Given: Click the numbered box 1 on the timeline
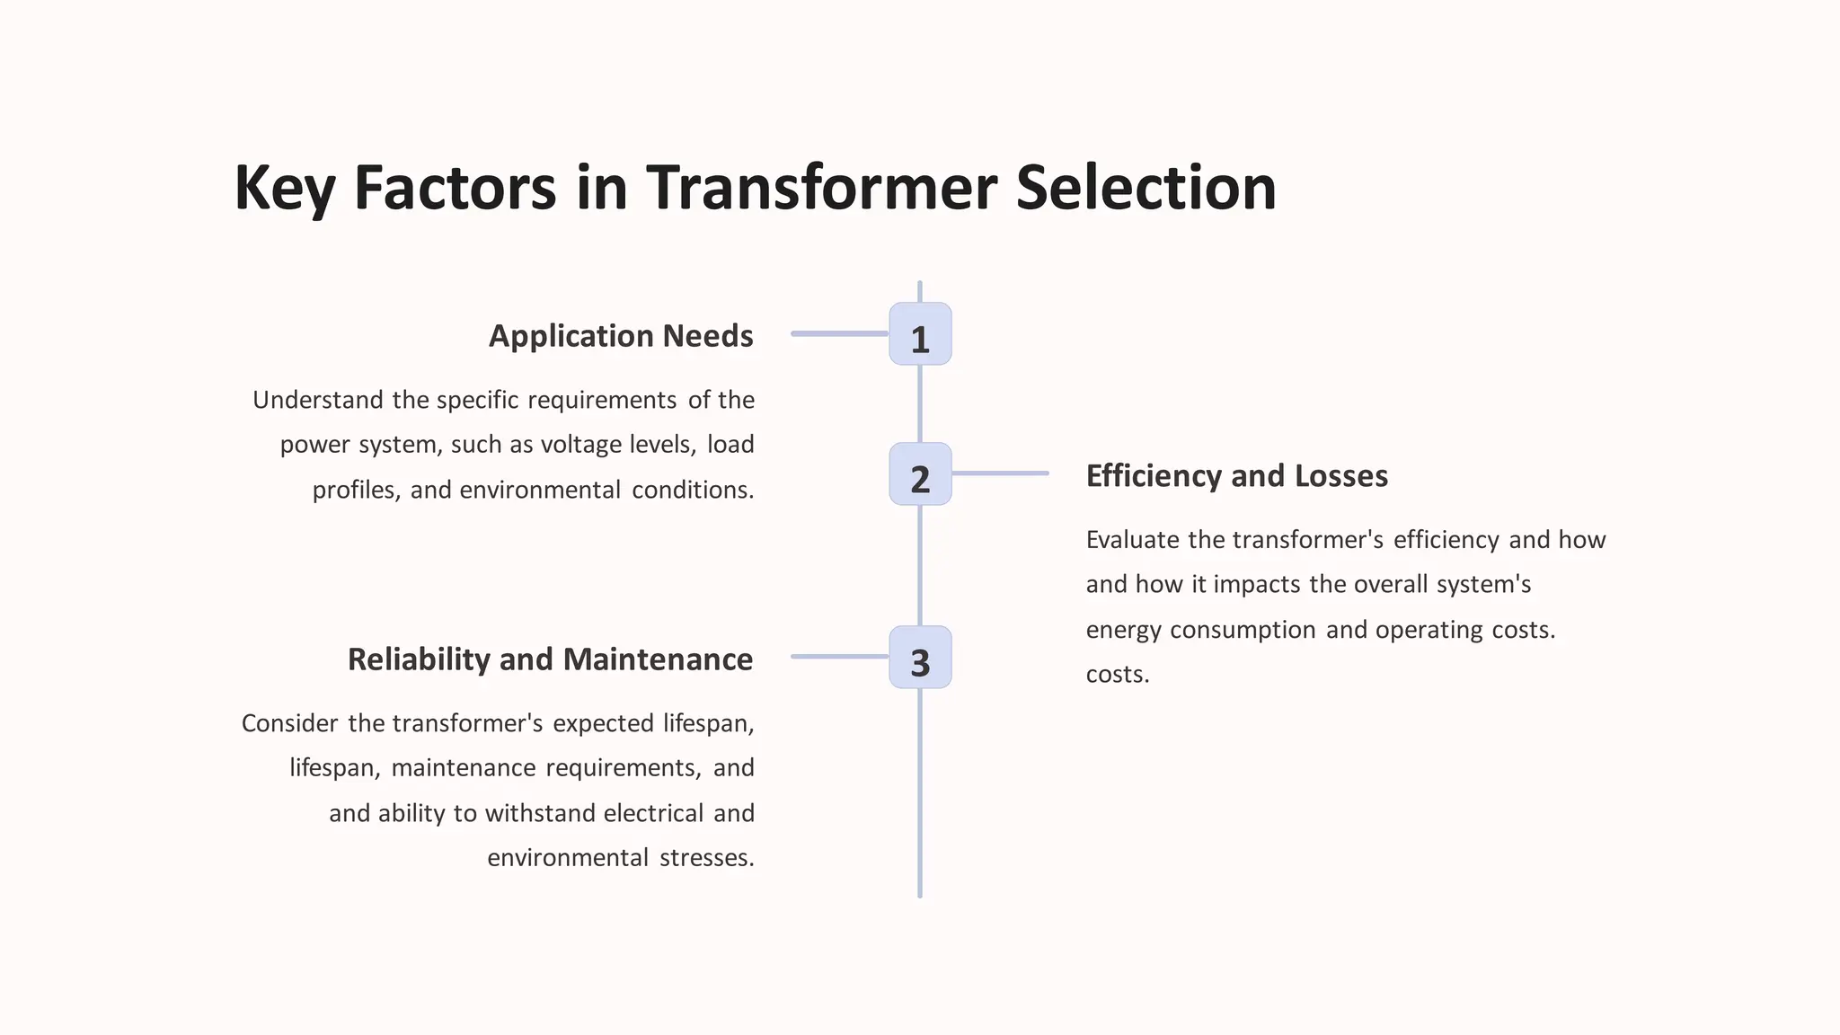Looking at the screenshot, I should (x=920, y=334).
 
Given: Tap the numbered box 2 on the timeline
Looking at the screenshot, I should (x=920, y=474).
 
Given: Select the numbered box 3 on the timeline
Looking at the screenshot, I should (x=920, y=658).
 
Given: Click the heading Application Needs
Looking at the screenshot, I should (x=621, y=336).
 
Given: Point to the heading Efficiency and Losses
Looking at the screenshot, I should (x=1236, y=476).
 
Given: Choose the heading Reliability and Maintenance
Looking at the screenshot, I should (x=550, y=659).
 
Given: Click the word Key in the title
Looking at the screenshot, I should (x=284, y=189).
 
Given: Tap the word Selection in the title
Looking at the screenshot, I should (x=1146, y=189).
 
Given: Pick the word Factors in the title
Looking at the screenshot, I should (x=455, y=189).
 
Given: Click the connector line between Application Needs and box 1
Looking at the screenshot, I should (x=839, y=333).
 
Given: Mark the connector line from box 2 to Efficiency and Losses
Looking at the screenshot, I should (x=1000, y=473).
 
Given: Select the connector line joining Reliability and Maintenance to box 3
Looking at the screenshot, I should (x=839, y=657).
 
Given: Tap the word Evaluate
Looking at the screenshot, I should (x=1132, y=540).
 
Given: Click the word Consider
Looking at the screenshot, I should (x=289, y=723).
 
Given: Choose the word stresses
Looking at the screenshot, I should (x=706, y=858).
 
